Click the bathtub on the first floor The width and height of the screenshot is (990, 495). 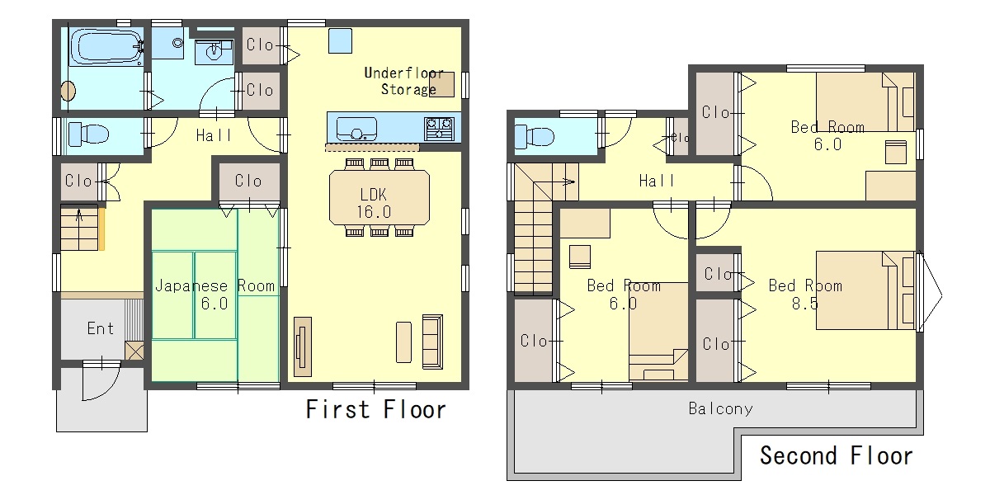tap(106, 47)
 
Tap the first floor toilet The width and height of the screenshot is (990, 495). tap(88, 134)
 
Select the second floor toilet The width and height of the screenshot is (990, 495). tap(535, 135)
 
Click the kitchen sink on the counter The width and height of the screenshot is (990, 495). tap(356, 129)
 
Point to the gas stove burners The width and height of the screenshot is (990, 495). tap(439, 129)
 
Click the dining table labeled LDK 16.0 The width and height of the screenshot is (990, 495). tap(379, 197)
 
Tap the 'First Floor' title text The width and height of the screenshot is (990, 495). tap(376, 409)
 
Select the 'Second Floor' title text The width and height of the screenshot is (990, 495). tap(837, 455)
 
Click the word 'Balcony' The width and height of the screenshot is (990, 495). tap(721, 409)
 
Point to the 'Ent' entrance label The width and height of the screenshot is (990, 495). tap(101, 328)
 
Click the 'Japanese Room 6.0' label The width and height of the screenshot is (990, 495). tap(214, 295)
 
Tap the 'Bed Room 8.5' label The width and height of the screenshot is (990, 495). tap(805, 295)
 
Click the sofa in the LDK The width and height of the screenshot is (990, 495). tap(432, 342)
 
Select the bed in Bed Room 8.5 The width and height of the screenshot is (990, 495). tap(865, 290)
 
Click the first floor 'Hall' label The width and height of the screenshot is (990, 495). tap(214, 135)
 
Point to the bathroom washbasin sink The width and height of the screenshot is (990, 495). tap(214, 53)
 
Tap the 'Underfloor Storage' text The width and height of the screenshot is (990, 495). tap(404, 81)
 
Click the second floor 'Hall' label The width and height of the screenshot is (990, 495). tap(657, 181)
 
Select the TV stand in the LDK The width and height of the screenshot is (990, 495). tap(303, 346)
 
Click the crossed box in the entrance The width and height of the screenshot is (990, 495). tap(134, 351)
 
